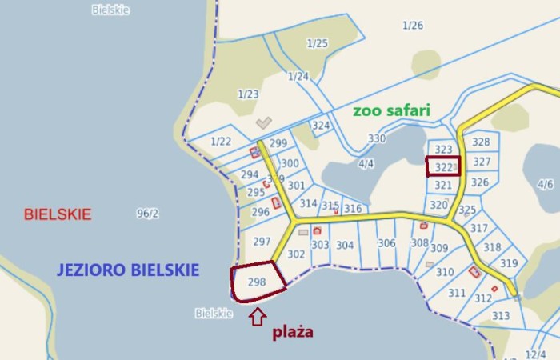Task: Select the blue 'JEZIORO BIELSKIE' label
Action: [x=127, y=270]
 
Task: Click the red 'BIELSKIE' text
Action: [x=58, y=214]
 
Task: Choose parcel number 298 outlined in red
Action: [x=257, y=282]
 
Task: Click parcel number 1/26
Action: [x=413, y=26]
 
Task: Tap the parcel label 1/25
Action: [x=318, y=43]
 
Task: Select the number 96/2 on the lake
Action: [x=148, y=214]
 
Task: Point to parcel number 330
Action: [x=377, y=138]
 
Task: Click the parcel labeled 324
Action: [x=321, y=126]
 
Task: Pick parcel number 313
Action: [x=501, y=315]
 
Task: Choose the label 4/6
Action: [x=546, y=184]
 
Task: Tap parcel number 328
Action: [x=481, y=142]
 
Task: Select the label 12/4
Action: [x=536, y=354]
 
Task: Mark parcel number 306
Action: [x=386, y=244]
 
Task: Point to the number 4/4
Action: [x=366, y=164]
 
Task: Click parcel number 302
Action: [x=296, y=254]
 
